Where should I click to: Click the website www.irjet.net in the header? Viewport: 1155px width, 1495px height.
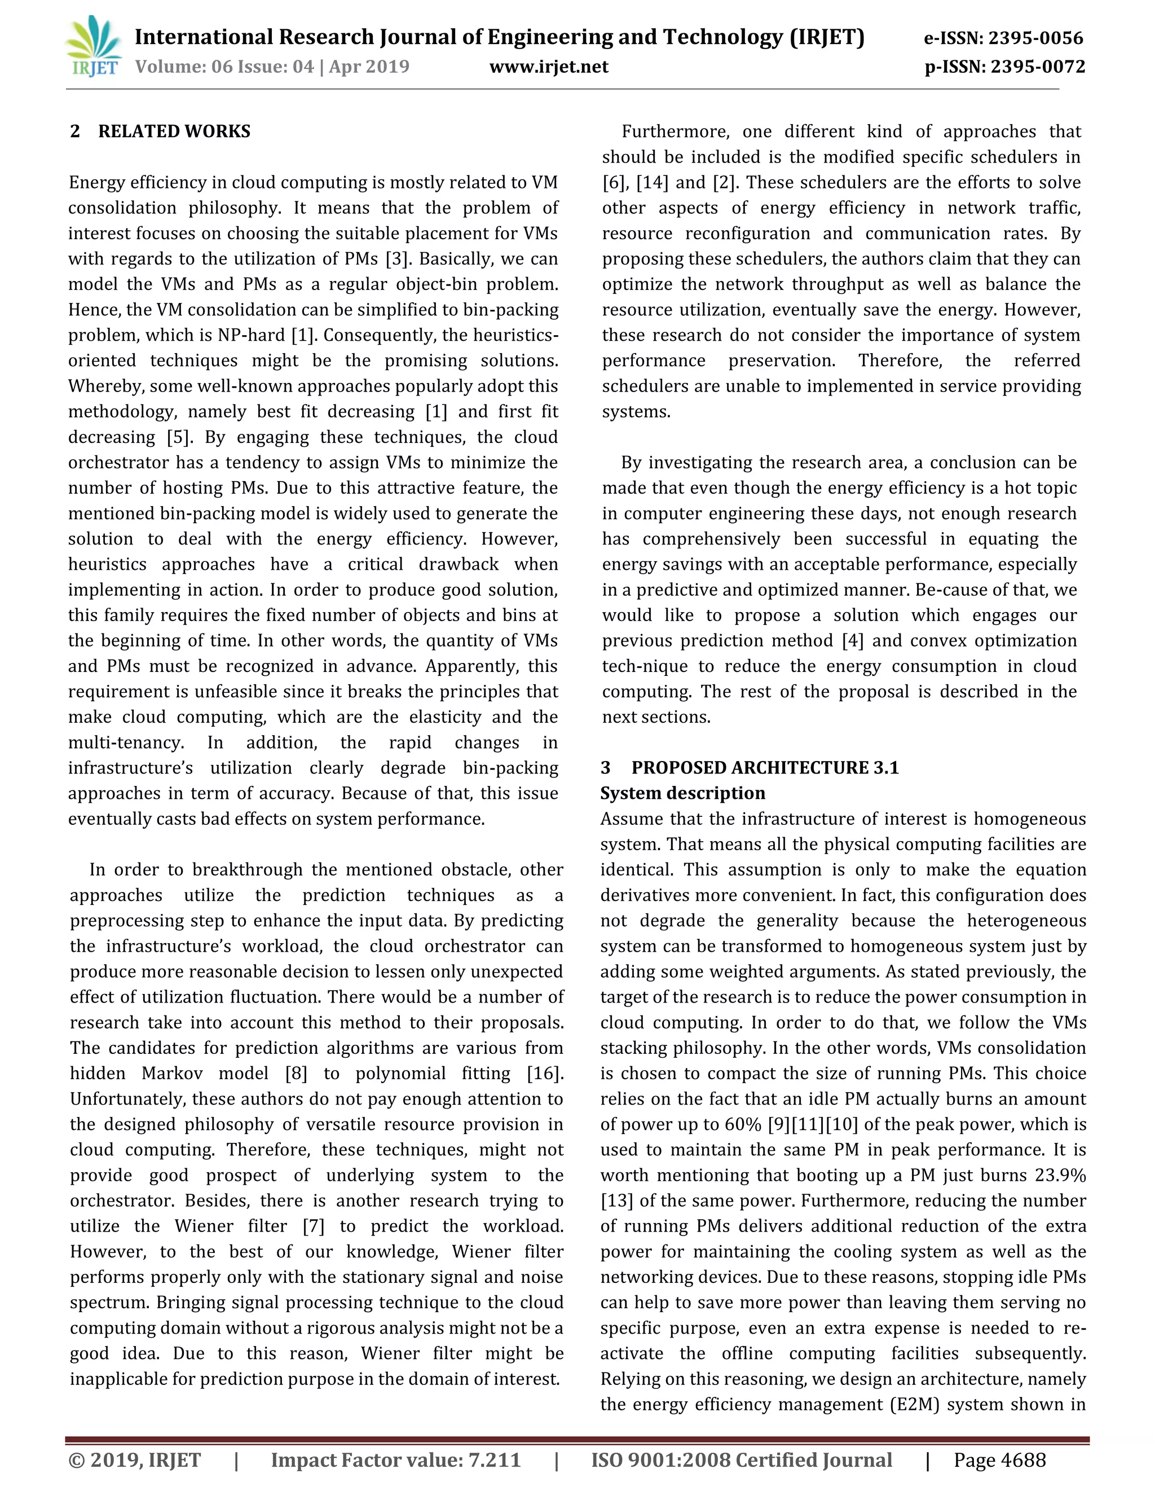coord(549,67)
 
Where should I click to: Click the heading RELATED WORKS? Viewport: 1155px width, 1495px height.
coord(174,131)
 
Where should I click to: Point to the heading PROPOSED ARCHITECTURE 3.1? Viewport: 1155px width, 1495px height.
coord(764,767)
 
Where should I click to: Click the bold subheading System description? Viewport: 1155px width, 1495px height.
coord(683,793)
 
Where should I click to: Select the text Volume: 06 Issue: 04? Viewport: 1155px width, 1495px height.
coord(224,67)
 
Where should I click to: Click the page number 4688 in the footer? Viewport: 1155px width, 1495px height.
coord(1021,1460)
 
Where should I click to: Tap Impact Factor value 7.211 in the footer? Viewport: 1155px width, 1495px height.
coord(395,1460)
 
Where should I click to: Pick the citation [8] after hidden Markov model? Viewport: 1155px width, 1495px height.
coord(296,1074)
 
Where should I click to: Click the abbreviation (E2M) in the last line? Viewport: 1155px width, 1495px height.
coord(914,1405)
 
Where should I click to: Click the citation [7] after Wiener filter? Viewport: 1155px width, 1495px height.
coord(314,1226)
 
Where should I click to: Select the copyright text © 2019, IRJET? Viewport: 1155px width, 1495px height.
coord(135,1460)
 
